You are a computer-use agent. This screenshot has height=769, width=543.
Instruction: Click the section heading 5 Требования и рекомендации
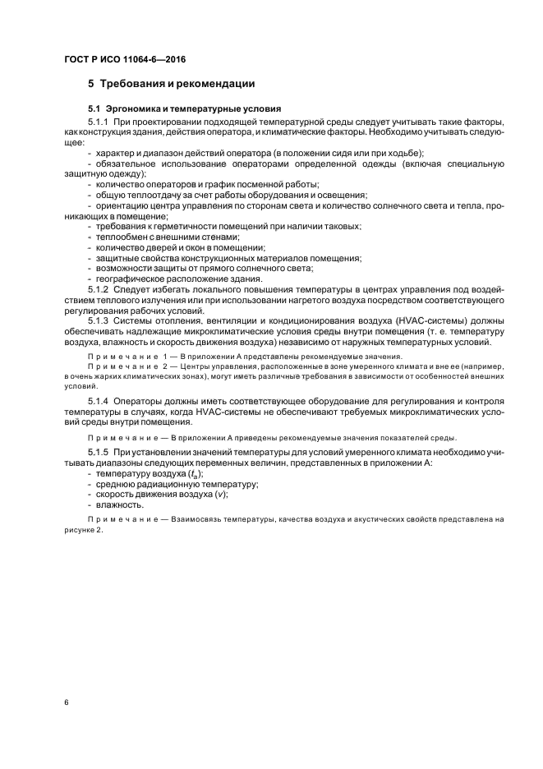point(172,83)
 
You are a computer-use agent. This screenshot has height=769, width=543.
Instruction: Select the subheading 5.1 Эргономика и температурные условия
point(185,108)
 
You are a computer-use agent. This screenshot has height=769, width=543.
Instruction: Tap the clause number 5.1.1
point(99,121)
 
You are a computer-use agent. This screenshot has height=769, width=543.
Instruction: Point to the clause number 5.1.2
point(99,290)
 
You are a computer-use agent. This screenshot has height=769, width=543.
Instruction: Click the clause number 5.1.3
point(99,321)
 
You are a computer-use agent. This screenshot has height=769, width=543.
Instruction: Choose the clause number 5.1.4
point(99,400)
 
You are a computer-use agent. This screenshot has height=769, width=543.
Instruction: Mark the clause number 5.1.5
point(99,453)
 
